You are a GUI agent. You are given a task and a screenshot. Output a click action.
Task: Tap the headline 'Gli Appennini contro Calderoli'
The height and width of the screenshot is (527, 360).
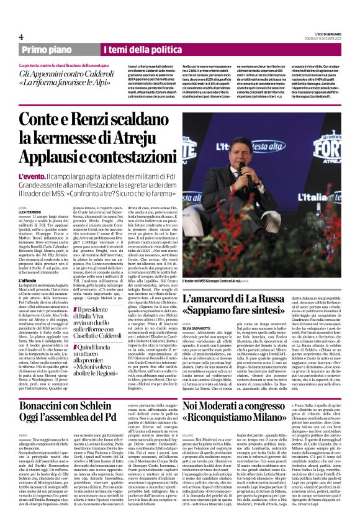point(68,73)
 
